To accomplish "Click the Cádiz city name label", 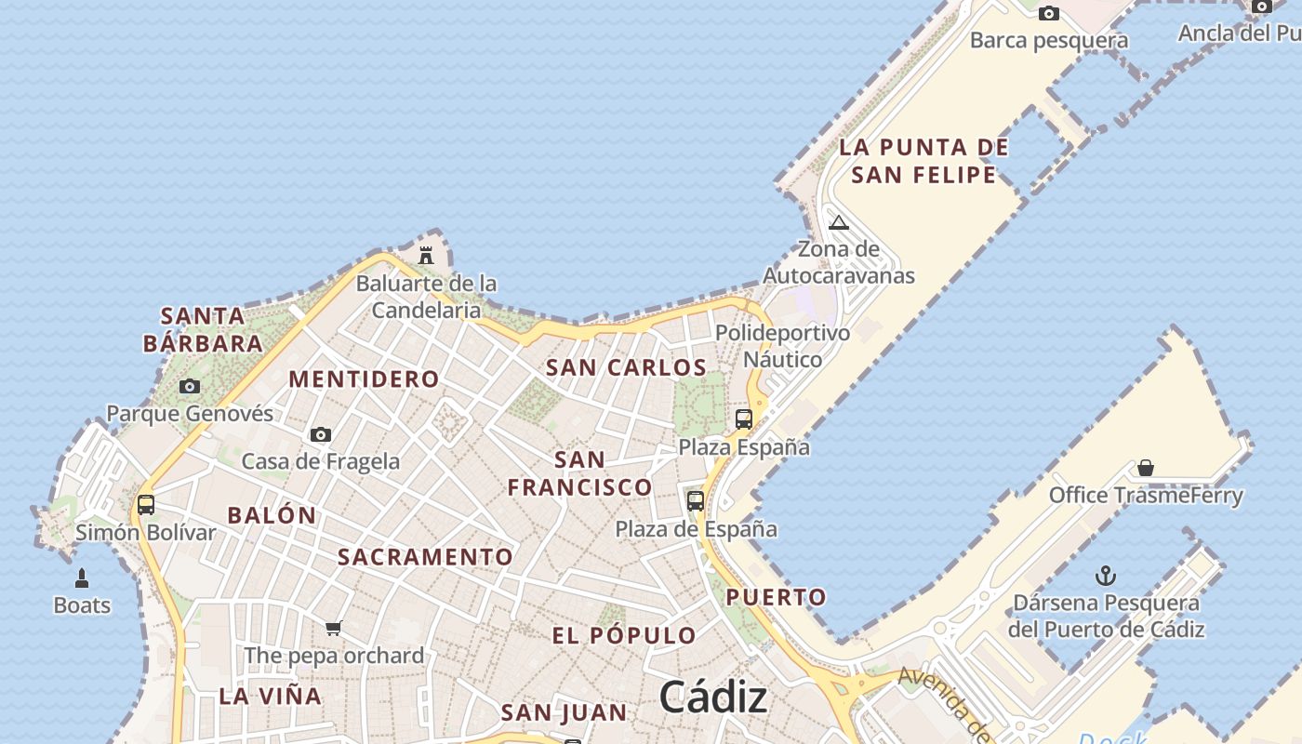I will point(713,697).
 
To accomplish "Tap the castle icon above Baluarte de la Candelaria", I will point(426,255).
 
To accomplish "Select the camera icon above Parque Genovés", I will point(190,386).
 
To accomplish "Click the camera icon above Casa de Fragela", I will point(321,434).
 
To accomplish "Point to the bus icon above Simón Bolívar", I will point(146,505).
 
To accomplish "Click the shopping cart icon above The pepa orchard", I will point(334,628).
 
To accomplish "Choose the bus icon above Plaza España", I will point(744,419).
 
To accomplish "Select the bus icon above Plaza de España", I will point(696,501).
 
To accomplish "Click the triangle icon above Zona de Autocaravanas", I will point(839,222).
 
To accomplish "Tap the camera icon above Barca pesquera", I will point(1049,13).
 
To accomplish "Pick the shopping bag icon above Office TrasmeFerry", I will point(1146,468).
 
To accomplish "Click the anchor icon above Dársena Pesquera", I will point(1106,576).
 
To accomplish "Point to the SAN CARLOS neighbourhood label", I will point(627,367).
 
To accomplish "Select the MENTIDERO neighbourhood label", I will point(364,379).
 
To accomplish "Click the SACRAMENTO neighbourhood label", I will point(425,557).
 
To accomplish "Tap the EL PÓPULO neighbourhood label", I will point(624,636).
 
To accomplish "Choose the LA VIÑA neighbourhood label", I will point(271,696).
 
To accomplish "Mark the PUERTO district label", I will point(777,597).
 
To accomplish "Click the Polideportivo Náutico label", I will point(783,346).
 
